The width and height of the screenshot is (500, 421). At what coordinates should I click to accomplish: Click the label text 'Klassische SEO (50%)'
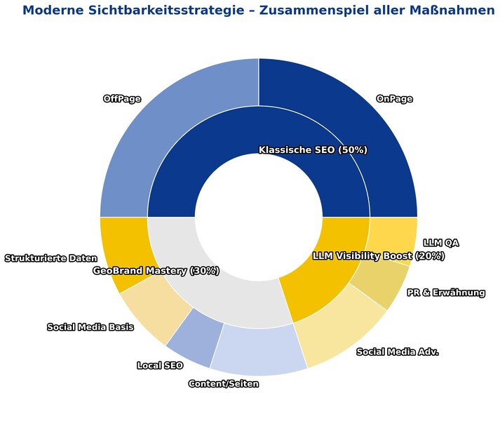click(313, 150)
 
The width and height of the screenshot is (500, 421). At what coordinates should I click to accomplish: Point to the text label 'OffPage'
click(122, 99)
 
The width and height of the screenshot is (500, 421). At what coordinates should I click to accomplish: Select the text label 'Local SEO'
click(160, 366)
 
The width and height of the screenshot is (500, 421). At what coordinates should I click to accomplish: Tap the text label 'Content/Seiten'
click(224, 384)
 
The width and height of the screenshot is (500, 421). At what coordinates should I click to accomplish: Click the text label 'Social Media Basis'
click(90, 327)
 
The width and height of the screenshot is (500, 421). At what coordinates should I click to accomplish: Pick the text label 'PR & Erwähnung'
click(446, 293)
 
